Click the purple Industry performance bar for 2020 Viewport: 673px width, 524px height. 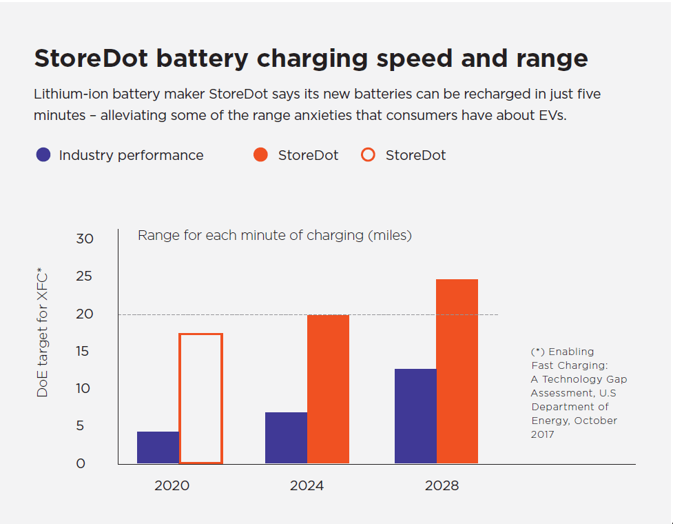coord(158,447)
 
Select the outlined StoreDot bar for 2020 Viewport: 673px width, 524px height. coord(200,399)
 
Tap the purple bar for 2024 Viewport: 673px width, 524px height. coord(286,438)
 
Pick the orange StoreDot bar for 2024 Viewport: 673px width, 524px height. coord(328,389)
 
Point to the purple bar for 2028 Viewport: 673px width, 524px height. coord(415,416)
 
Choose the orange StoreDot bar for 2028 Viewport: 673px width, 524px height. coord(457,371)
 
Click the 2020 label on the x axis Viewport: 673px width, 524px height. coord(172,485)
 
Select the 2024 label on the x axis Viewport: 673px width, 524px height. coord(307,485)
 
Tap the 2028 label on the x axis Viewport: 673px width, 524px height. coord(442,485)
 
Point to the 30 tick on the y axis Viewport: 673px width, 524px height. coord(85,239)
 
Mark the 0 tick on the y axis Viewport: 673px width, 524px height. coord(81,463)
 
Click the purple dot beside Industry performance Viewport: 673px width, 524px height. coord(43,155)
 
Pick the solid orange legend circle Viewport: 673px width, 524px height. coord(260,155)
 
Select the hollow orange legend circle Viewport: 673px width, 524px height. coord(368,155)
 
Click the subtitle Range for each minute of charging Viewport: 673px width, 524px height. coord(274,235)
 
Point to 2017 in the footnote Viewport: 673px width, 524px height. coord(542,434)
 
